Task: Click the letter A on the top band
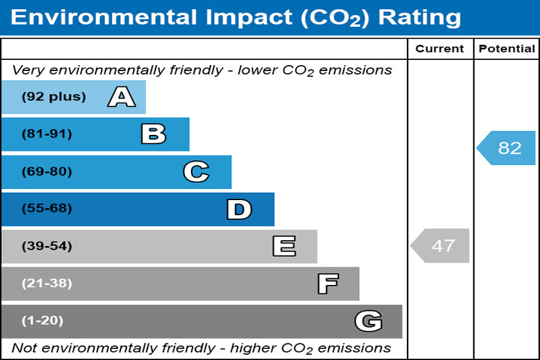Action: (122, 97)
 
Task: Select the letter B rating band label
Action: (153, 134)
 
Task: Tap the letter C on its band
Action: (196, 172)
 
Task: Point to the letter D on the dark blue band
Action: (239, 209)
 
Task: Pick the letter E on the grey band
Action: (284, 247)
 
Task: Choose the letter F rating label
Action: (327, 284)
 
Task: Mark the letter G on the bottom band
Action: (368, 321)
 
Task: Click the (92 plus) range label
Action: (54, 97)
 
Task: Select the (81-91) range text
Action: (47, 134)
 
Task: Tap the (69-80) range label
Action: (47, 172)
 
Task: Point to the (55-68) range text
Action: (47, 209)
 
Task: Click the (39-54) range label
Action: (47, 247)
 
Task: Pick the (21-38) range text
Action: (47, 284)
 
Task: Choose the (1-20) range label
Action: (43, 321)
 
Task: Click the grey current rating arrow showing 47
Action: (441, 246)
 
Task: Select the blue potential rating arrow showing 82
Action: (506, 148)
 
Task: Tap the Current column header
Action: (440, 49)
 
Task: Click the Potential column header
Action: (506, 49)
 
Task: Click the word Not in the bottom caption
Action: (24, 347)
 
